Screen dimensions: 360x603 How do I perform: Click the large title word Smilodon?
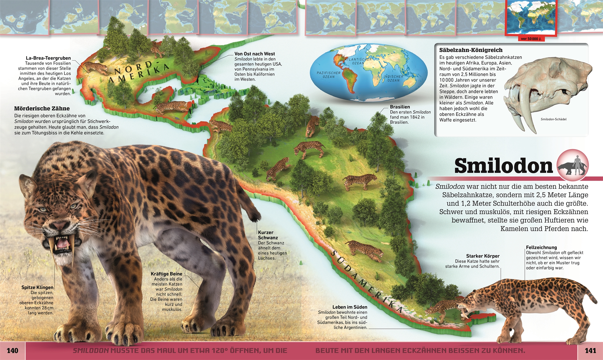tap(503, 166)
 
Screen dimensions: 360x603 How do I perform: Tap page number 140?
tap(12, 350)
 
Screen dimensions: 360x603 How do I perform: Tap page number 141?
tap(590, 350)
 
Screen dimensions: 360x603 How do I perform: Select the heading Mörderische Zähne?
tap(42, 109)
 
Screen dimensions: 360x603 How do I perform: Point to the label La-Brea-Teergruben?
tap(48, 58)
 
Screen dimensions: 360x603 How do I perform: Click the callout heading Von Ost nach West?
tap(255, 54)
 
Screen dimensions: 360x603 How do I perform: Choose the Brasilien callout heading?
tap(400, 107)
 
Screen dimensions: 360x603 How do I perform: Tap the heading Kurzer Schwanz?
tap(266, 235)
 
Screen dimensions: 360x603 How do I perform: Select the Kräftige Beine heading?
tap(166, 274)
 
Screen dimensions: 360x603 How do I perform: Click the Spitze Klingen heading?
tap(37, 287)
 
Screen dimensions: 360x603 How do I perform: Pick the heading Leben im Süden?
tap(350, 307)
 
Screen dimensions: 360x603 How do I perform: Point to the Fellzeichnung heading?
tap(541, 247)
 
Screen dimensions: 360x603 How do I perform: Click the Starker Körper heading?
tap(483, 256)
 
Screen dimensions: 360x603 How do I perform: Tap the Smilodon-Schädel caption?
tap(553, 119)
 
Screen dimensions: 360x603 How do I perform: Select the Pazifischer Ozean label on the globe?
tap(328, 75)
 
